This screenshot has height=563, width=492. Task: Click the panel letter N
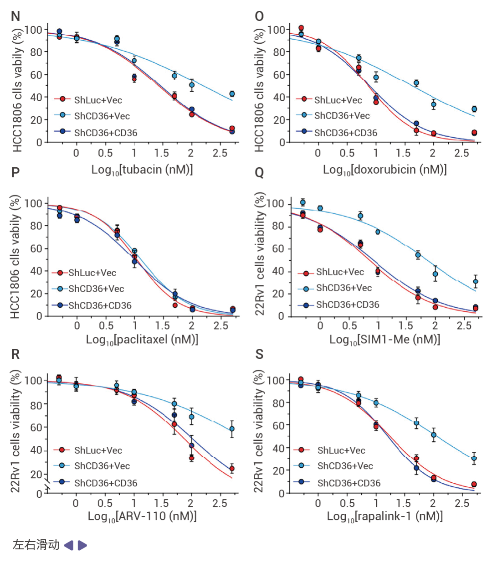[15, 16]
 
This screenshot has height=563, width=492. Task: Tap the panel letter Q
[259, 173]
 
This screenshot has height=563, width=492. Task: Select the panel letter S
[259, 354]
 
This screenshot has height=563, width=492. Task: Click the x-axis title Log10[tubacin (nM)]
[142, 170]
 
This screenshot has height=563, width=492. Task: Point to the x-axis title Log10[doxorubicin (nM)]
[384, 170]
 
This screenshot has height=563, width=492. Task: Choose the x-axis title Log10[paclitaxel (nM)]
[142, 340]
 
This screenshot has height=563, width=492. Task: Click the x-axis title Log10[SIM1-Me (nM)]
[384, 340]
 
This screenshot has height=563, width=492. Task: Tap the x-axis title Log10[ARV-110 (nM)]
[142, 517]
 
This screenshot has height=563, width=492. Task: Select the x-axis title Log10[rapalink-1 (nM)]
[384, 517]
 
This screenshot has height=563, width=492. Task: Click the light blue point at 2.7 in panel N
[232, 94]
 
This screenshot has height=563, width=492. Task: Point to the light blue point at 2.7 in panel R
[232, 429]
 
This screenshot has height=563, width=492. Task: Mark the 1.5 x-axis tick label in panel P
[163, 326]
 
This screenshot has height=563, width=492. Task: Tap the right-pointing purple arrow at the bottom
[82, 545]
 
